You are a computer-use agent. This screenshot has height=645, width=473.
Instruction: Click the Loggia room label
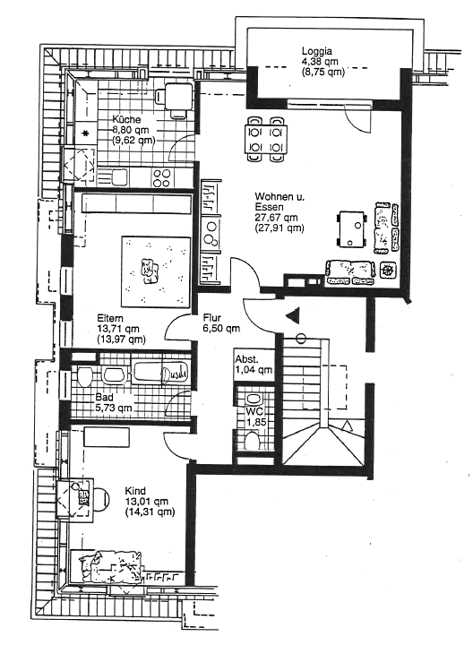[x=317, y=51]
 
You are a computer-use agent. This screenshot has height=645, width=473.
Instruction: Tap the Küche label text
[x=126, y=120]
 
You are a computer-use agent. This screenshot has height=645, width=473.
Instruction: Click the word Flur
[x=212, y=317]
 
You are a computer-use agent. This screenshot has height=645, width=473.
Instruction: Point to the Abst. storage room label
[x=246, y=359]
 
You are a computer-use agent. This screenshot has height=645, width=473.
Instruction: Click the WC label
[x=254, y=411]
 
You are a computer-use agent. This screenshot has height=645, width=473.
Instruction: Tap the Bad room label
[x=104, y=398]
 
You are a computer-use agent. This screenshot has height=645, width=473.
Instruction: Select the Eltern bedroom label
[x=110, y=318]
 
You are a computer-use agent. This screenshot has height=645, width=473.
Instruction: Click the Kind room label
[x=135, y=491]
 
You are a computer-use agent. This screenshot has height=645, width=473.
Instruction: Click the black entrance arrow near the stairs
[x=293, y=315]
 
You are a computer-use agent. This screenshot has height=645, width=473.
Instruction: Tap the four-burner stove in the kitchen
[x=162, y=177]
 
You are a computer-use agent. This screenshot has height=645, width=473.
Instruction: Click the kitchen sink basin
[x=119, y=177]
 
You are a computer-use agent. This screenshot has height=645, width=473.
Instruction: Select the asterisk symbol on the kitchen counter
[x=85, y=133]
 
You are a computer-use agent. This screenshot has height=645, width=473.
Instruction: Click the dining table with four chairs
[x=266, y=139]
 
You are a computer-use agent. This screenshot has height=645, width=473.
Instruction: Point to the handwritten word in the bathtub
[x=175, y=374]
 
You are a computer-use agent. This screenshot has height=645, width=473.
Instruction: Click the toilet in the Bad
[x=84, y=376]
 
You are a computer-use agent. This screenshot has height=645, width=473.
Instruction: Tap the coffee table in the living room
[x=352, y=229]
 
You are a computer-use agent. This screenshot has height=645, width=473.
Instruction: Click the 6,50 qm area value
[x=221, y=328]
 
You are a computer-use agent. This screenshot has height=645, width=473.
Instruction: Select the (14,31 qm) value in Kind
[x=150, y=512]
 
